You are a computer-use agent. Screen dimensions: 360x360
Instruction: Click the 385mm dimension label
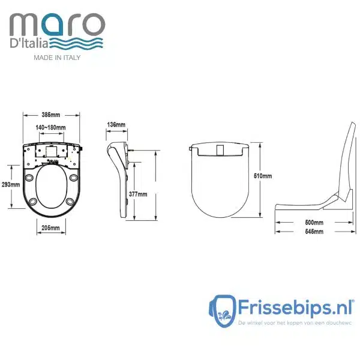point(51,115)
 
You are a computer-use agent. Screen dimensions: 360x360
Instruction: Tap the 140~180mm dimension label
point(51,127)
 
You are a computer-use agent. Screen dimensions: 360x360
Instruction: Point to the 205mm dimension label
point(51,228)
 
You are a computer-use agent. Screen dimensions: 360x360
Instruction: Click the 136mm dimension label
point(116,125)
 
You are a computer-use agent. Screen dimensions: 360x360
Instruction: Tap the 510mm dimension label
point(263,176)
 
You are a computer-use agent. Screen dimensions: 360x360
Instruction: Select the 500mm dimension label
point(314,223)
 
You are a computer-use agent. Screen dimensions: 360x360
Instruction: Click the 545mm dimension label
point(314,231)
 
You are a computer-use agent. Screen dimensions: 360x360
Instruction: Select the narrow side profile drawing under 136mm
point(121,174)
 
